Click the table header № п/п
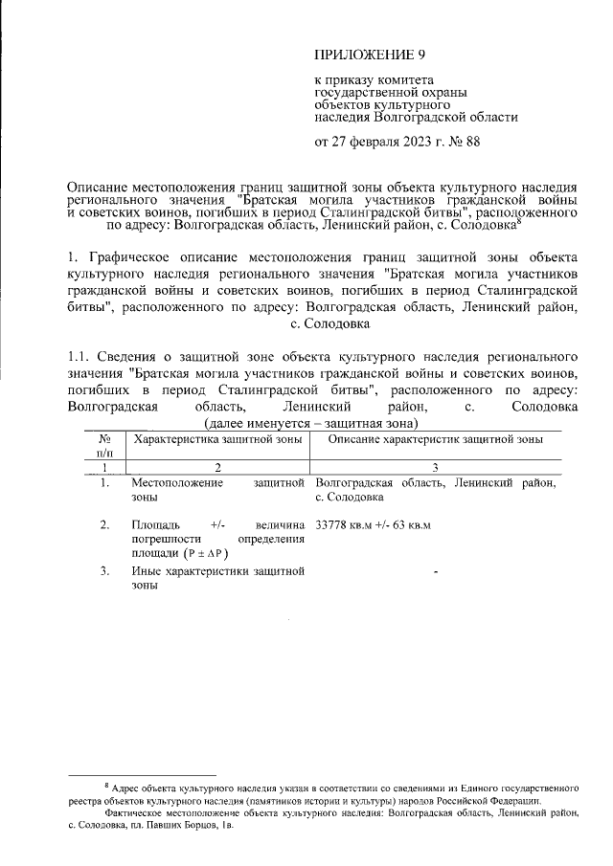coord(104,445)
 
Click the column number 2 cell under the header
coord(217,466)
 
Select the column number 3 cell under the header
coord(436,466)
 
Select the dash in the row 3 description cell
coord(436,573)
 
